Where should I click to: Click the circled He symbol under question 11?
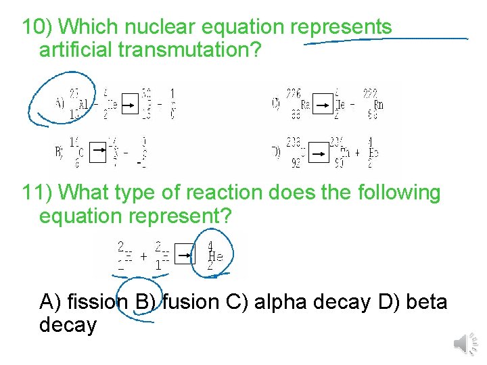tap(215, 256)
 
